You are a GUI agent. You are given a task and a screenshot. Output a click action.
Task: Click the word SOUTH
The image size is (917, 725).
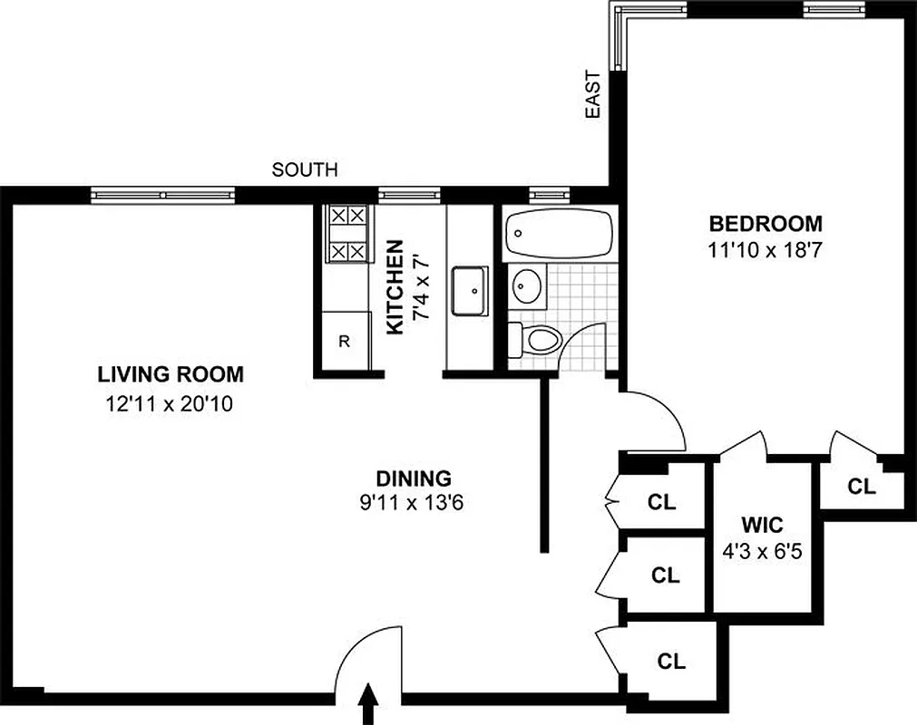click(x=305, y=169)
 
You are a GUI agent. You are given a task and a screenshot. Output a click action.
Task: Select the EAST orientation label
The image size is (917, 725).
click(x=593, y=94)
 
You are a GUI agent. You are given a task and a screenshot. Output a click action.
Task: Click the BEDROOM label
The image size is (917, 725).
click(x=766, y=223)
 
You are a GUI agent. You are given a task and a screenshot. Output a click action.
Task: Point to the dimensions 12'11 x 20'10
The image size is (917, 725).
click(x=170, y=405)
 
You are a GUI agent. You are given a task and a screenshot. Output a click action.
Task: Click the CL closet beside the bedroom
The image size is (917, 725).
click(x=862, y=487)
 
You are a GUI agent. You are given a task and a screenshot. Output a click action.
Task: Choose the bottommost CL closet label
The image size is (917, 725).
click(x=672, y=661)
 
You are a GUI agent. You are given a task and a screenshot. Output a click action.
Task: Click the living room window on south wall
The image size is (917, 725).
click(x=163, y=193)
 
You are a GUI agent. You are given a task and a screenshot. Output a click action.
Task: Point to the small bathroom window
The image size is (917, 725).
click(x=544, y=193)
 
